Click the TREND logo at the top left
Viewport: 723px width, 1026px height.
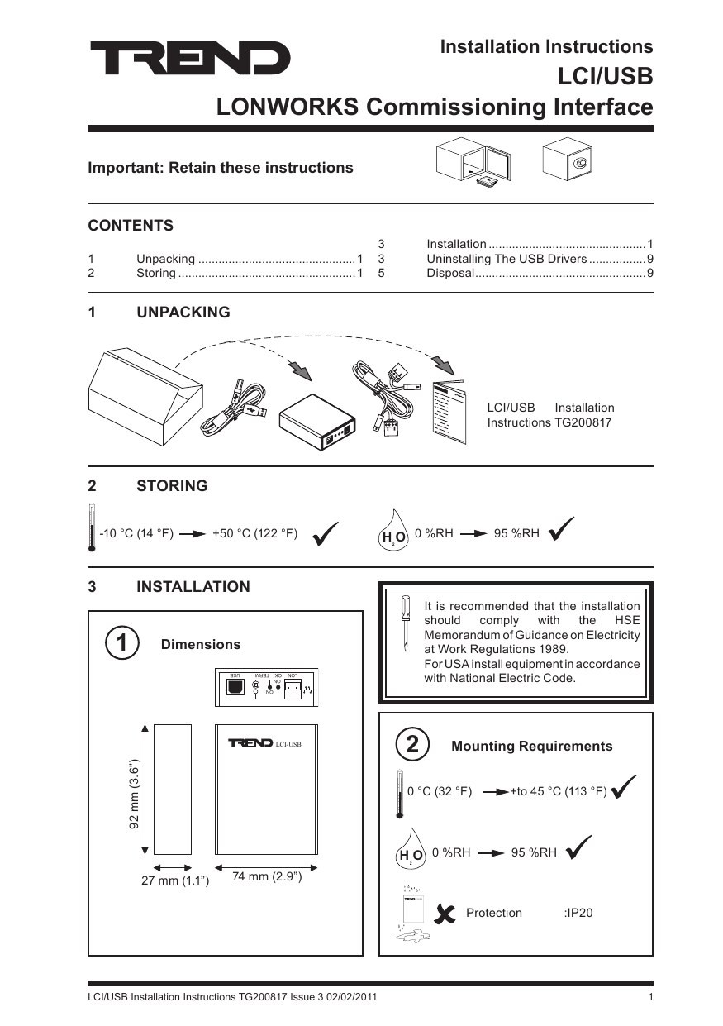pos(190,59)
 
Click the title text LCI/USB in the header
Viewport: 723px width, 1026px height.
pos(606,77)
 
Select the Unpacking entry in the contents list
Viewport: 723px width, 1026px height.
pos(165,259)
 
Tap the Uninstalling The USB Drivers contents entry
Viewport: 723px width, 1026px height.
pos(506,259)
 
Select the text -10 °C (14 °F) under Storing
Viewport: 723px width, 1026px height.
pos(136,533)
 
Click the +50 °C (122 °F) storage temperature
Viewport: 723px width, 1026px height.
pos(254,533)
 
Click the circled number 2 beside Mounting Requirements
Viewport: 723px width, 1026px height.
pos(412,744)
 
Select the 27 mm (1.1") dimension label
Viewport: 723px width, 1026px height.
pos(175,881)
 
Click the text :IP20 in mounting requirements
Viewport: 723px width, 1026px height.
pos(578,913)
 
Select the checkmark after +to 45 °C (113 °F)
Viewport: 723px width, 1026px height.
pos(625,789)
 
